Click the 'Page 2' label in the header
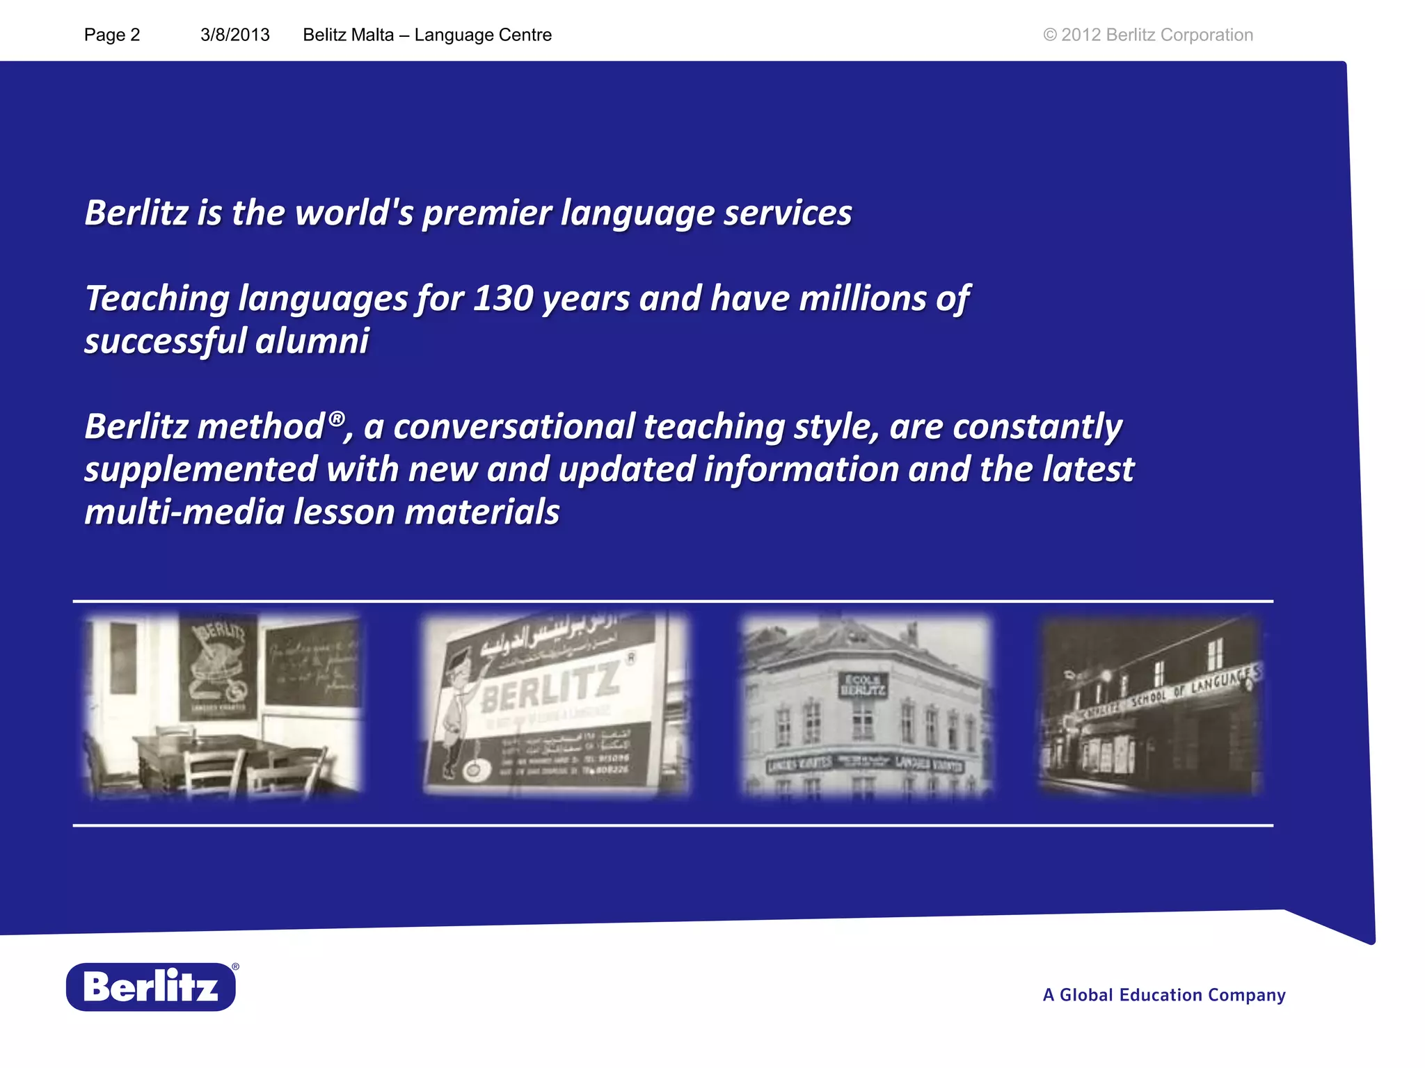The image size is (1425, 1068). point(112,35)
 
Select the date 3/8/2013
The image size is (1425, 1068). point(234,35)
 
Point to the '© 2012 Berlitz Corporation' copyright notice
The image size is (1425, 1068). point(1147,35)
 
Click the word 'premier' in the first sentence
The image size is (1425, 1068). point(487,213)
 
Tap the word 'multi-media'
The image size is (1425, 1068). point(184,512)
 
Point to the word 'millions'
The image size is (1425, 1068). point(862,299)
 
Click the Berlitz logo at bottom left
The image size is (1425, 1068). point(151,987)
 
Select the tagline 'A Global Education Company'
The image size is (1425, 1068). point(1163,995)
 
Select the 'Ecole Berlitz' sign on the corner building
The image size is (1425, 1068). point(863,685)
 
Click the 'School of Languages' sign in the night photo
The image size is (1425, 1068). point(1183,688)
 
